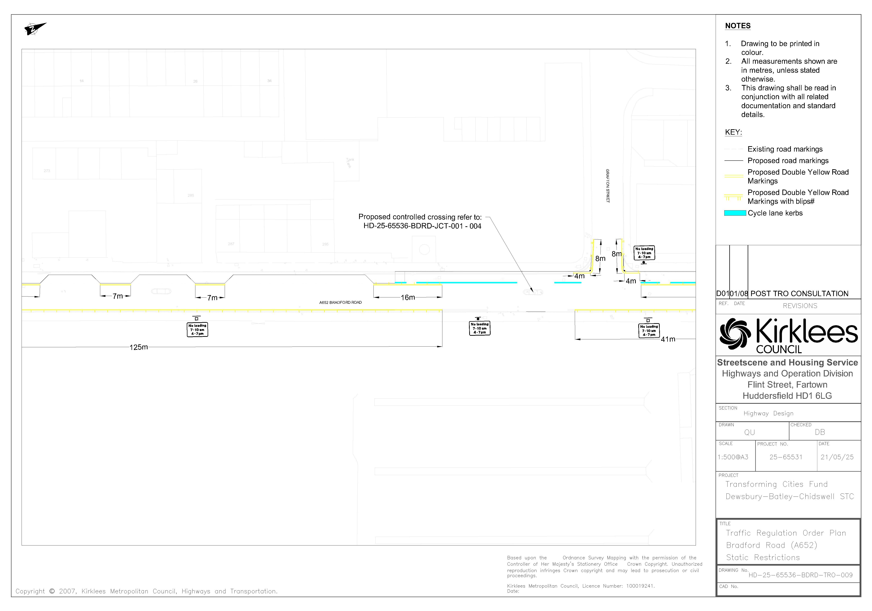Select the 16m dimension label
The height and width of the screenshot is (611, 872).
coord(408,298)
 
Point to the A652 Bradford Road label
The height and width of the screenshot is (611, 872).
coord(340,302)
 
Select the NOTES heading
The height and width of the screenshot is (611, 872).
coord(738,26)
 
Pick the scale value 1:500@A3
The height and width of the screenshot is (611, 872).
coord(733,457)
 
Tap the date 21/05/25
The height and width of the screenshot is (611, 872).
coord(837,457)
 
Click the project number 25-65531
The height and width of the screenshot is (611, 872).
coord(786,457)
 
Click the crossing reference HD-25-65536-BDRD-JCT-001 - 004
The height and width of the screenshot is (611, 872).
coord(422,226)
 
